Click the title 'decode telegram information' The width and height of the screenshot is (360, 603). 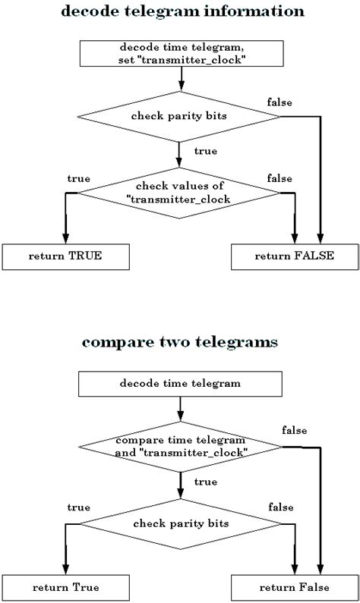tap(180, 12)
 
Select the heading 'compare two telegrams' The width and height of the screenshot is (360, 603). tap(180, 342)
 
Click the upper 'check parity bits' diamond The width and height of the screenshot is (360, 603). tap(180, 115)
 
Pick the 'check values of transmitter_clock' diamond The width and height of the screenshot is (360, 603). tap(180, 193)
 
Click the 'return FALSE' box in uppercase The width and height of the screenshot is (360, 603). tap(293, 256)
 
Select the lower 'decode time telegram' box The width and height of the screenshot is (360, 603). tap(180, 383)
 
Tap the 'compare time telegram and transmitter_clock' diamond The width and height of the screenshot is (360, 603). tap(180, 447)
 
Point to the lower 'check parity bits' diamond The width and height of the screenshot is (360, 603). tap(180, 523)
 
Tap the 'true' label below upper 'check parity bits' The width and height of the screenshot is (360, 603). tap(205, 151)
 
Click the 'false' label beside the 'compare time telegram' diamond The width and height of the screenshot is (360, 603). tap(294, 430)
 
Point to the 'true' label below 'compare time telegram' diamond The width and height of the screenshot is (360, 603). tap(205, 482)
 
